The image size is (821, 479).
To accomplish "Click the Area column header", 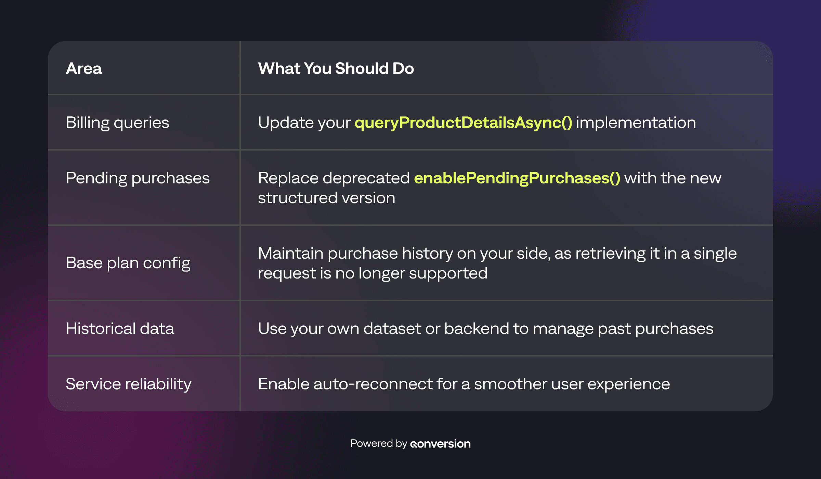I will [x=84, y=68].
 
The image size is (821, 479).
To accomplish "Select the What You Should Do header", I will [x=336, y=68].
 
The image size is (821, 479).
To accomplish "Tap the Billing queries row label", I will [x=117, y=122].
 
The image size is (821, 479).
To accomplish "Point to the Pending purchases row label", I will [x=138, y=178].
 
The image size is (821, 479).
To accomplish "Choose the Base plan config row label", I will [x=128, y=263].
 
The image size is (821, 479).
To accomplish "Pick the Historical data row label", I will [x=120, y=328].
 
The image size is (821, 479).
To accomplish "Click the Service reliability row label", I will [x=128, y=384].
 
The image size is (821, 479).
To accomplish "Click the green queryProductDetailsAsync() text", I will [x=463, y=122].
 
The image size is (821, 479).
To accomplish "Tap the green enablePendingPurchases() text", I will [x=517, y=178].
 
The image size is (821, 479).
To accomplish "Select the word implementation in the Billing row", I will [x=636, y=122].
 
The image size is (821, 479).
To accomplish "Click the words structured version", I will [x=326, y=198].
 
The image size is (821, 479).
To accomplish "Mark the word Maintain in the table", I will [x=290, y=253].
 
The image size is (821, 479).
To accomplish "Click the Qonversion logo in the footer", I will [x=440, y=444].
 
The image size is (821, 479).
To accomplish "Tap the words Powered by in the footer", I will [x=378, y=443].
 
